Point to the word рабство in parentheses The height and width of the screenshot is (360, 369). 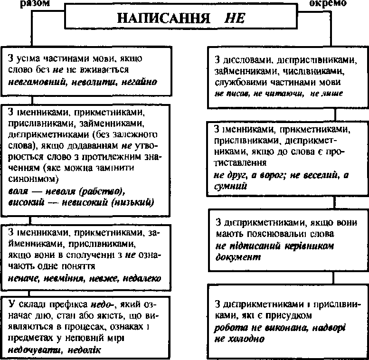tap(101, 192)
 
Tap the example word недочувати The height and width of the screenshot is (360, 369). tap(35, 349)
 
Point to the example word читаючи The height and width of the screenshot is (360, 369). tap(284, 94)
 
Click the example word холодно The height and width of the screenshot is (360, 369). tap(244, 339)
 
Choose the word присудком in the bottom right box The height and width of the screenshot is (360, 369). tap(290, 315)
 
